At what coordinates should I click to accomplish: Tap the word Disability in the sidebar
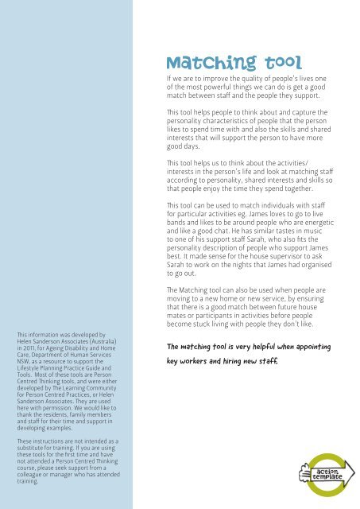[x=76, y=347]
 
